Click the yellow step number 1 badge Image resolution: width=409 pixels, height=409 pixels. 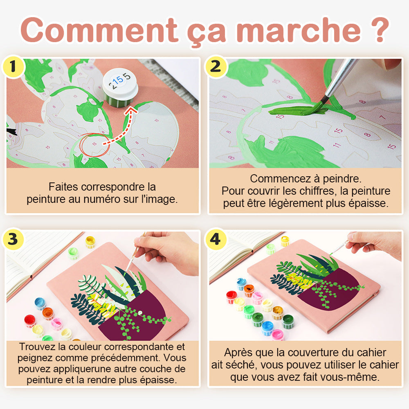click(x=13, y=67)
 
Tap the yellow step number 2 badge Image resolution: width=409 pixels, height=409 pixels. click(x=216, y=67)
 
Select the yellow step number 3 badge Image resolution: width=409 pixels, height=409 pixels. click(x=13, y=239)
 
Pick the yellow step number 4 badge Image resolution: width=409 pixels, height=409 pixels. click(x=216, y=239)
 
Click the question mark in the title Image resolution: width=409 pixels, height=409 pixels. click(x=380, y=29)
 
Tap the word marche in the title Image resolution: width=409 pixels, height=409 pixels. click(x=299, y=30)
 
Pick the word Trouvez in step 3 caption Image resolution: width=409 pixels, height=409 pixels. click(x=38, y=347)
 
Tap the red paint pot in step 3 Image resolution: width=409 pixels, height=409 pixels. click(x=30, y=321)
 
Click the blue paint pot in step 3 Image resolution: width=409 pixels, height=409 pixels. click(x=40, y=303)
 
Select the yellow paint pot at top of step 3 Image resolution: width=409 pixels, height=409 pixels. click(x=90, y=242)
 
